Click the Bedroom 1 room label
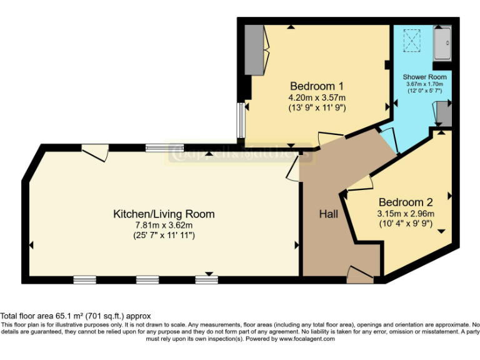click(x=316, y=86)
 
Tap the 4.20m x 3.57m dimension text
click(x=316, y=97)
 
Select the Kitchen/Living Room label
click(x=163, y=214)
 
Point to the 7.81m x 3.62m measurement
click(x=163, y=226)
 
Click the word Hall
click(x=329, y=214)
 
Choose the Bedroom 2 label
click(x=406, y=202)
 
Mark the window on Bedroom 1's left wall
click(x=240, y=120)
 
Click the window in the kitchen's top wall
click(x=161, y=148)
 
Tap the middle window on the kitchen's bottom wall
click(x=147, y=280)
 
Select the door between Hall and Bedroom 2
click(x=361, y=182)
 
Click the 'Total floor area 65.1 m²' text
click(x=76, y=316)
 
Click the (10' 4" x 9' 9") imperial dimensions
click(x=406, y=224)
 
